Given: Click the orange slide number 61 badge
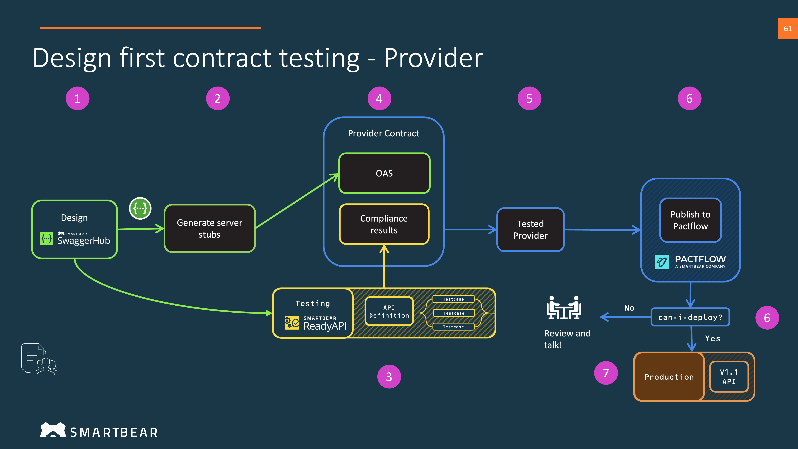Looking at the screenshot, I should (x=787, y=29).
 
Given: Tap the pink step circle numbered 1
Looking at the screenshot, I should (x=77, y=99).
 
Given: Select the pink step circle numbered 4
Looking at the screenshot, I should (x=379, y=99).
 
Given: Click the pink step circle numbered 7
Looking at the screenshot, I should (x=606, y=373).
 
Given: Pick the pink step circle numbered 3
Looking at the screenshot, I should (x=389, y=377).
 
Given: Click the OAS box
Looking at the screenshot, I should (x=384, y=173).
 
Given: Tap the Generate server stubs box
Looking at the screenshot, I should (x=209, y=228).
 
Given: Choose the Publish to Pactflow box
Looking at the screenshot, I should (x=690, y=220).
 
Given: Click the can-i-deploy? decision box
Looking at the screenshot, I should (x=690, y=317).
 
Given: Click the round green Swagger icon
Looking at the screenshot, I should (x=140, y=208).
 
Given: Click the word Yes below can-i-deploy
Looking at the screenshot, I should (x=712, y=338).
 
